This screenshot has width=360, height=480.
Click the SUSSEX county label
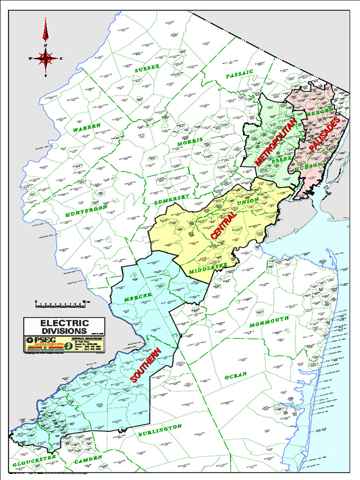pyautogui.click(x=147, y=68)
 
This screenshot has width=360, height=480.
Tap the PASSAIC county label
pyautogui.click(x=239, y=74)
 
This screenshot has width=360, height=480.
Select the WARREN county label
pyautogui.click(x=87, y=127)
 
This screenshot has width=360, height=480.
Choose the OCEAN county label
pyautogui.click(x=235, y=376)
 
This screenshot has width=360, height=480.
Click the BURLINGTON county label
pyautogui.click(x=160, y=430)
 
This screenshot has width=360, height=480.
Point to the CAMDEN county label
pyautogui.click(x=88, y=458)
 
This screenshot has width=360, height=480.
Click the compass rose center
pyautogui.click(x=45, y=58)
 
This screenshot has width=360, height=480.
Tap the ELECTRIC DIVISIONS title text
pyautogui.click(x=64, y=327)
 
